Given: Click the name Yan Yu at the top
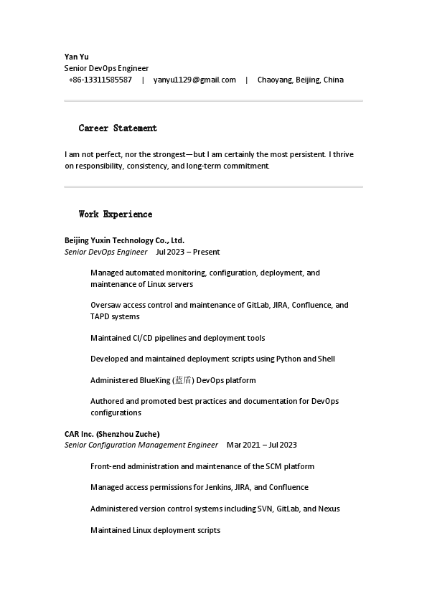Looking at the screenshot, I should (x=77, y=57).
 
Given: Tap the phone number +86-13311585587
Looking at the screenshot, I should (x=100, y=80).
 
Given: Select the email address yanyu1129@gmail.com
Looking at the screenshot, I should (x=194, y=80).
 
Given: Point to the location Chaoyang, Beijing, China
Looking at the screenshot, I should (x=300, y=80).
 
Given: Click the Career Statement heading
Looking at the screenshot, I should (x=118, y=128).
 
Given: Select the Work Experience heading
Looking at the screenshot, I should (x=116, y=214).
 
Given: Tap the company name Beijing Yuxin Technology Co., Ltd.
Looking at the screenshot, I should (x=124, y=240).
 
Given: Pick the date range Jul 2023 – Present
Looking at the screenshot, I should (x=187, y=252).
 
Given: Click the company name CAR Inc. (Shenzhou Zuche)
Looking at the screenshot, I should (x=112, y=434).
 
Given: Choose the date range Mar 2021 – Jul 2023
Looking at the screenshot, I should (x=261, y=445).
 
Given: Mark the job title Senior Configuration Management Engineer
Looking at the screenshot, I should (x=141, y=445).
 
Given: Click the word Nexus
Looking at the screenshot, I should (x=328, y=509).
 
